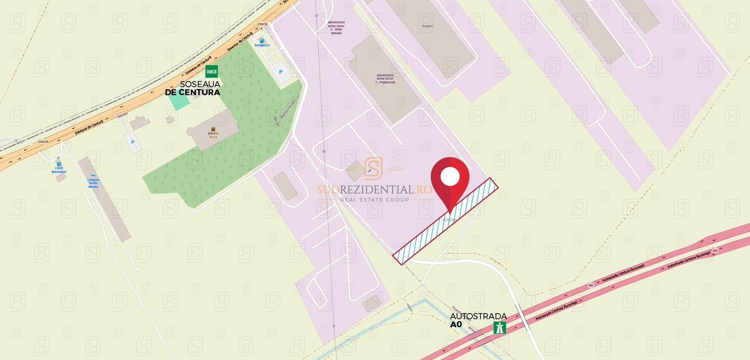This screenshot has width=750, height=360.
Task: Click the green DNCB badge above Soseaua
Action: coord(211,71)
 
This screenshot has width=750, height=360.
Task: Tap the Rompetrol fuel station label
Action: coord(262,45)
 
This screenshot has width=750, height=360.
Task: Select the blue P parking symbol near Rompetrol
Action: coord(281,72)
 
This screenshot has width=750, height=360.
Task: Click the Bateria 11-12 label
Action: coord(213,135)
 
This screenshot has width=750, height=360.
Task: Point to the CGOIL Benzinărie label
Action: coord(59,170)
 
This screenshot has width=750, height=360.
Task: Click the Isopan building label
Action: coord(427,26)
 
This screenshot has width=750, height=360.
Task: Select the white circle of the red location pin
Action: coord(450,176)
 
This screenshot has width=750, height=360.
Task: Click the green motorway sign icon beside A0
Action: coord(499,327)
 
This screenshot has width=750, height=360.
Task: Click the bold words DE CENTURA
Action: coord(192,92)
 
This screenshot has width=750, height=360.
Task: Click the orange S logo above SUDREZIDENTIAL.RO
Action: coord(373,168)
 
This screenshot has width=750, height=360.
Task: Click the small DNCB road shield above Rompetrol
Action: coord(262,24)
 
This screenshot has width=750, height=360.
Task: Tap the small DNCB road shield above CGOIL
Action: coord(43,142)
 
